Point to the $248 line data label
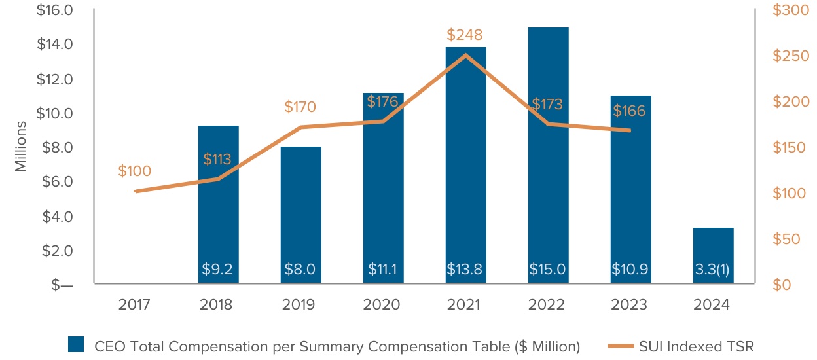coord(465,34)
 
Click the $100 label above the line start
coord(135,171)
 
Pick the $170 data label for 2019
coord(300,107)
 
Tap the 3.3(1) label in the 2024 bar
coord(713,269)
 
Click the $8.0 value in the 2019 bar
coord(300,269)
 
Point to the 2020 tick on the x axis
coord(382,305)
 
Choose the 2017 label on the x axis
coord(135,305)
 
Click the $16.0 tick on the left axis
coord(55,10)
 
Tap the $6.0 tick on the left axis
coord(57,182)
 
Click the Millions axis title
coord(21,146)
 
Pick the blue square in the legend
coord(76,345)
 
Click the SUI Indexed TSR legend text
coord(696,346)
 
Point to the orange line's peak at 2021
coord(465,55)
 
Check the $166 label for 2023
coord(629,111)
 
